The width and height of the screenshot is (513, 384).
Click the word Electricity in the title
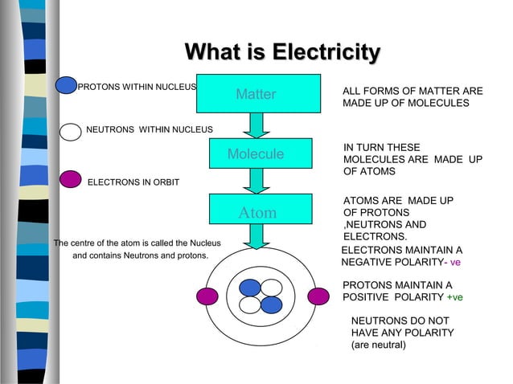[326, 53]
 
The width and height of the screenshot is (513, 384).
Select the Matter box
[256, 95]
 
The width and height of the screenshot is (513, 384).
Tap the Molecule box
[256, 153]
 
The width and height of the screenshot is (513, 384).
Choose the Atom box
[256, 213]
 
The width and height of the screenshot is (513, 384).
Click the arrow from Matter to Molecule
[256, 125]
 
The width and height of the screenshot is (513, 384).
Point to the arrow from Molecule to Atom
[256, 181]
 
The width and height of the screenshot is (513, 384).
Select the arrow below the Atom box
[256, 236]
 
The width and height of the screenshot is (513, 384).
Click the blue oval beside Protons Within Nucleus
[66, 86]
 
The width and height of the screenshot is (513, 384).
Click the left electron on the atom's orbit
[207, 296]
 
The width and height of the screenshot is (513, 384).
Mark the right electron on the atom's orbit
[318, 296]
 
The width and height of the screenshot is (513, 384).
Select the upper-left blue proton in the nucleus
[251, 288]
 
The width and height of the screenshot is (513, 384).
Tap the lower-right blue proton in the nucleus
[272, 304]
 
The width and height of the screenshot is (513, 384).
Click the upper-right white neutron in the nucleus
[272, 288]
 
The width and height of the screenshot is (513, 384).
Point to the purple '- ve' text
[454, 263]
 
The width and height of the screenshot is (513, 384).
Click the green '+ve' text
[454, 297]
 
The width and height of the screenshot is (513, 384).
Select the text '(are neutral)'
[379, 345]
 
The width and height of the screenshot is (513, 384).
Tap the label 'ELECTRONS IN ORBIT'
[133, 182]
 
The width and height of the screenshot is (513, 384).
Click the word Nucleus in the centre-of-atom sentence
[204, 243]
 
